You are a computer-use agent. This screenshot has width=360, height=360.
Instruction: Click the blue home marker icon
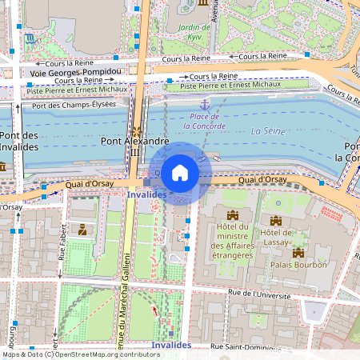pyautogui.click(x=180, y=172)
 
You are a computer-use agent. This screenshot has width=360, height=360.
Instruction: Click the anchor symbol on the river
pyautogui.click(x=205, y=104)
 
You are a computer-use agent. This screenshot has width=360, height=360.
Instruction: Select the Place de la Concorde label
pyautogui.click(x=205, y=121)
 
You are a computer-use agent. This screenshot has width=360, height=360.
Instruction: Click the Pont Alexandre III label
pyautogui.click(x=134, y=141)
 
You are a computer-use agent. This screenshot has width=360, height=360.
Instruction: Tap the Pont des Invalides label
pyautogui.click(x=17, y=141)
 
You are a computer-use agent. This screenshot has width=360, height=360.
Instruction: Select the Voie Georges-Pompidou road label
pyautogui.click(x=75, y=72)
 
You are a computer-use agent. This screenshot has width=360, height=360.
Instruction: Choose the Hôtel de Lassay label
pyautogui.click(x=277, y=238)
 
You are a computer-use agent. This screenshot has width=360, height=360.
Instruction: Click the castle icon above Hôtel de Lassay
pyautogui.click(x=276, y=220)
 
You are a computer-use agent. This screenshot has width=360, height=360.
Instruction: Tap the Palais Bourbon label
pyautogui.click(x=298, y=264)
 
